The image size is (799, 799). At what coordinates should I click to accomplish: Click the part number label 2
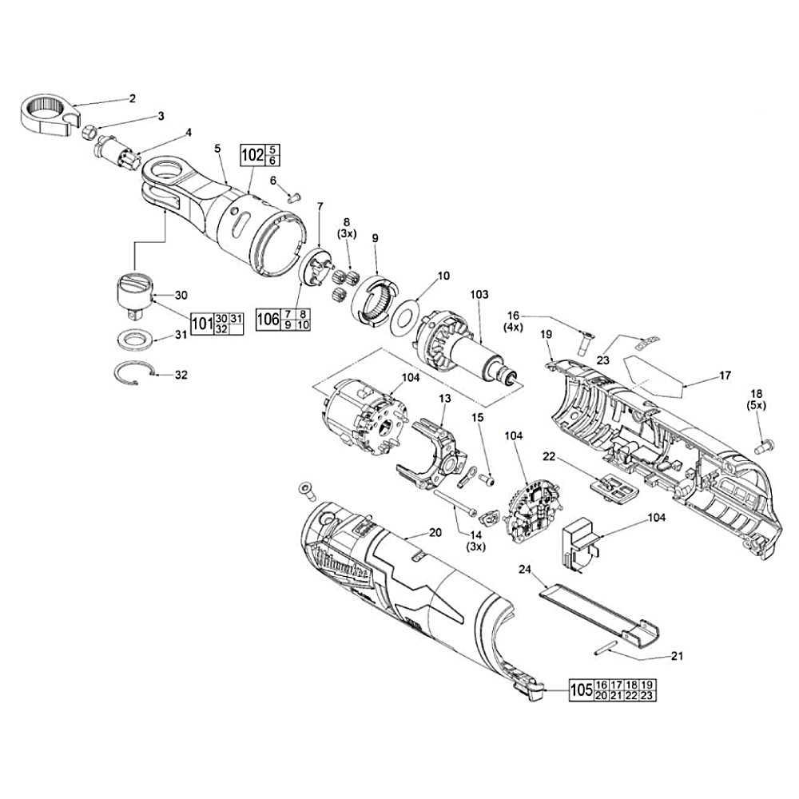tap(133, 98)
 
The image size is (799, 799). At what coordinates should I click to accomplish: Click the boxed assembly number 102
tap(252, 155)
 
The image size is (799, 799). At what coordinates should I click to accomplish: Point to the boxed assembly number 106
tap(268, 320)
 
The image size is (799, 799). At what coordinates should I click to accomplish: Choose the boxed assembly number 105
tap(581, 690)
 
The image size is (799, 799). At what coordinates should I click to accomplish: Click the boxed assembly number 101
tap(203, 324)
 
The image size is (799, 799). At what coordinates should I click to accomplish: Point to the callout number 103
tap(479, 295)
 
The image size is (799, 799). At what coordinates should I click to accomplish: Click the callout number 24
tap(524, 570)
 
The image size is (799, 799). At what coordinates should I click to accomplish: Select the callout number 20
tap(435, 533)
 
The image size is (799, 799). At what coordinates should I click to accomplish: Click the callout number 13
tap(445, 398)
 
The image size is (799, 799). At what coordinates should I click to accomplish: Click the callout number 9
tap(375, 237)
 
